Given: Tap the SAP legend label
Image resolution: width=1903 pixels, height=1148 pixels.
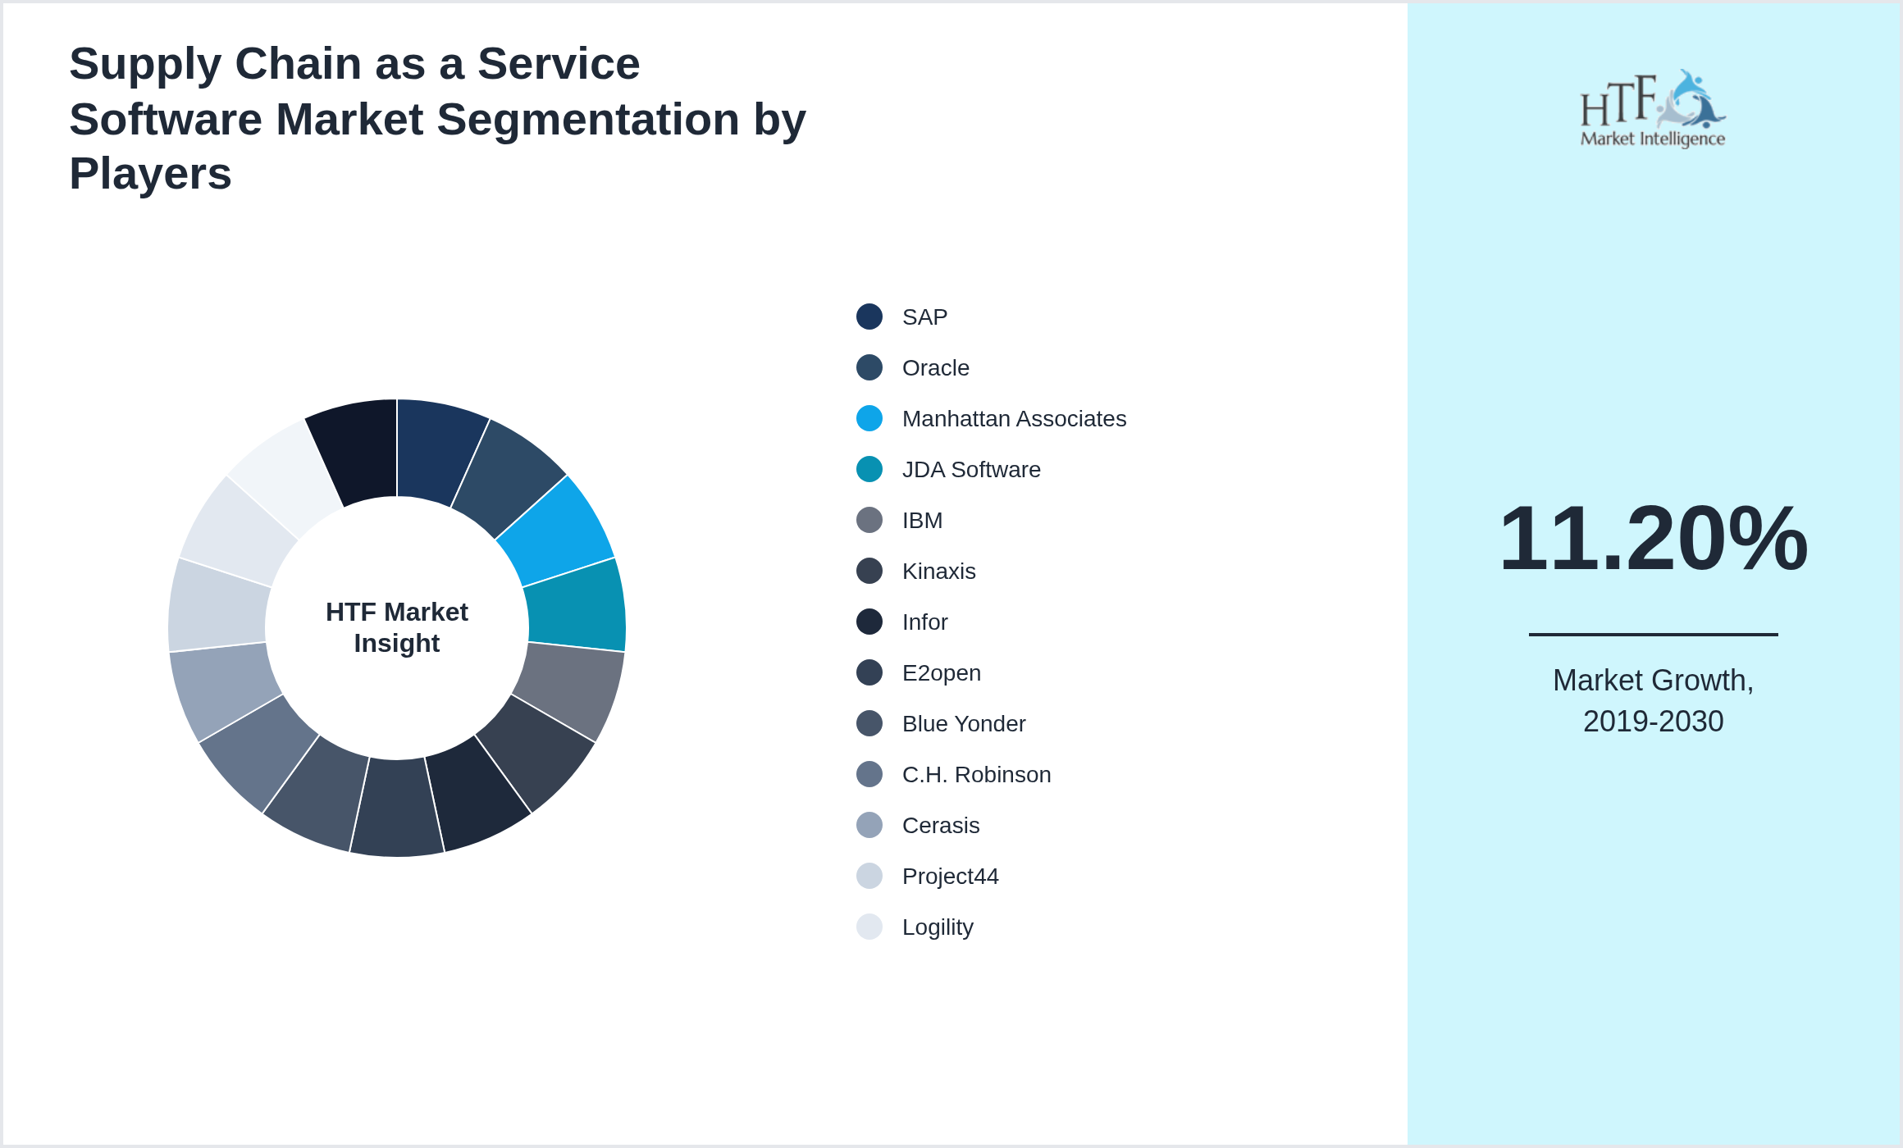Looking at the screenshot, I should pyautogui.click(x=924, y=317).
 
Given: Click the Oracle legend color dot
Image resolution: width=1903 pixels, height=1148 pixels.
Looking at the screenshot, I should pyautogui.click(x=869, y=367).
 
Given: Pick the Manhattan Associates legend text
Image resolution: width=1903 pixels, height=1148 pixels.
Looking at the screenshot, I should pyautogui.click(x=1014, y=419).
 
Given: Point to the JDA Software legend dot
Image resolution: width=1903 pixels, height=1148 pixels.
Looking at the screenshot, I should pyautogui.click(x=869, y=469).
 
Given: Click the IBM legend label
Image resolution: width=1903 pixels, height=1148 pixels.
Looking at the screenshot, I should pyautogui.click(x=922, y=521).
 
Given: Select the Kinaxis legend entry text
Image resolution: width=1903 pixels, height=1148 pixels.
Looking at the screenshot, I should pyautogui.click(x=938, y=572).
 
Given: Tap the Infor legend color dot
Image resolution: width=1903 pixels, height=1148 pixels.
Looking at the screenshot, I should pyautogui.click(x=869, y=622).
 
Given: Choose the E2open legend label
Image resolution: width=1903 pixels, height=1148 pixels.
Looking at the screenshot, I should pyautogui.click(x=941, y=673).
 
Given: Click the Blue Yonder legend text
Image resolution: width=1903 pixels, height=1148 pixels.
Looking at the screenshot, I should pyautogui.click(x=963, y=724).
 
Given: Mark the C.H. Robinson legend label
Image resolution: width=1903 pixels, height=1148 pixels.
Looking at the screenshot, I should pyautogui.click(x=976, y=775).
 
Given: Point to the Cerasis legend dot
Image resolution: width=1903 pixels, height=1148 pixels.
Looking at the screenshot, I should pyautogui.click(x=869, y=825).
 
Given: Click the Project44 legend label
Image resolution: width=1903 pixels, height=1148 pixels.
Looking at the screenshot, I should pyautogui.click(x=950, y=877).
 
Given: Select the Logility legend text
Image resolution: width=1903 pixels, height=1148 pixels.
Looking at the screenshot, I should pyautogui.click(x=938, y=927).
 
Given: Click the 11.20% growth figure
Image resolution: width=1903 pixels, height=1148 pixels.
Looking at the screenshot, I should pyautogui.click(x=1653, y=539).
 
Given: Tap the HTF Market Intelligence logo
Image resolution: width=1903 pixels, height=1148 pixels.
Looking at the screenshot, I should pyautogui.click(x=1653, y=109).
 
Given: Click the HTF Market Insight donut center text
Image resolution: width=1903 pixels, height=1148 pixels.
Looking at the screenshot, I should pyautogui.click(x=397, y=627).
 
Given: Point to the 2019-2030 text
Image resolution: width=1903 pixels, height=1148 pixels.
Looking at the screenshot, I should pyautogui.click(x=1653, y=722).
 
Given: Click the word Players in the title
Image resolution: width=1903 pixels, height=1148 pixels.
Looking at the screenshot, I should pyautogui.click(x=150, y=174).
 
